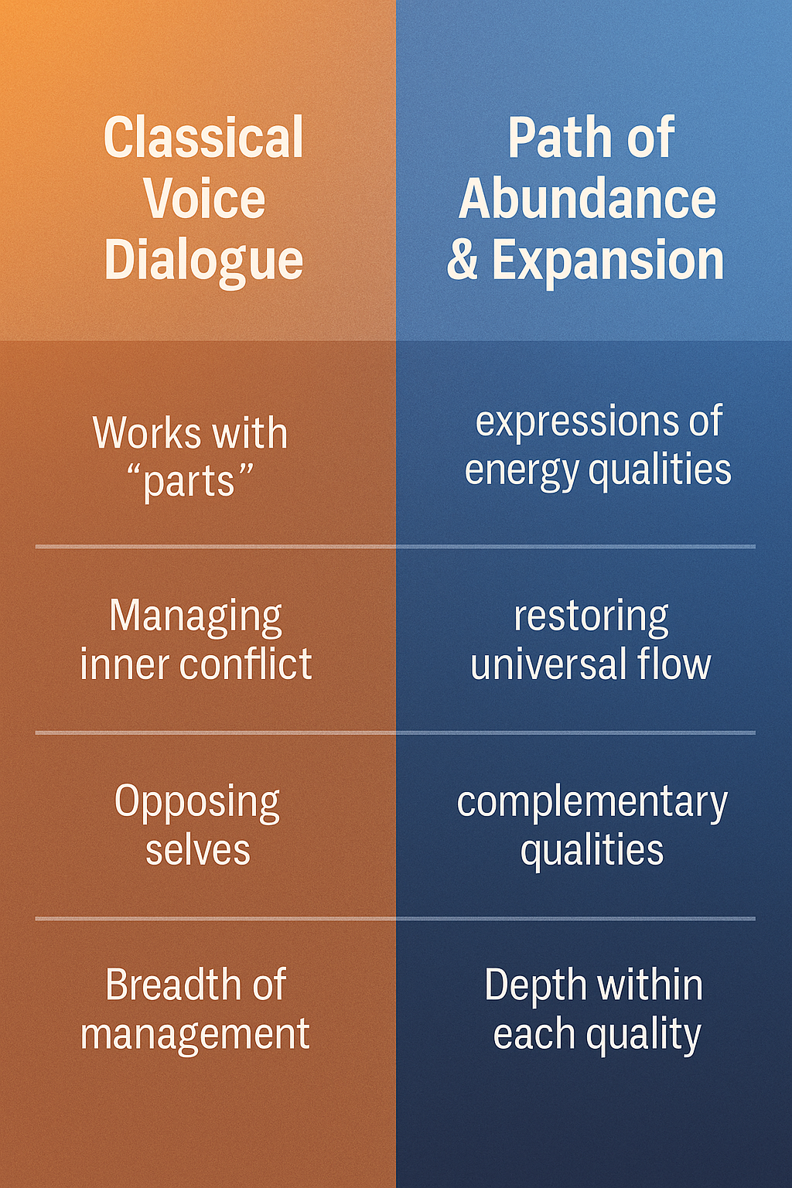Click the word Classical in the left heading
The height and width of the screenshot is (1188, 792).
[x=203, y=138]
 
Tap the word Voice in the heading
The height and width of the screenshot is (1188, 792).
[x=204, y=199]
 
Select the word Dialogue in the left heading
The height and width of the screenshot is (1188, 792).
[x=203, y=260]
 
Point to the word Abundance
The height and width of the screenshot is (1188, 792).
[x=588, y=199]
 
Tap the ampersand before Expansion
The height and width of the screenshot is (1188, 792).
[x=463, y=260]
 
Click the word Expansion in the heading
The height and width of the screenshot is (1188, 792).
[x=608, y=261]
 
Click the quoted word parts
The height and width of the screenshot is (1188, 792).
[x=190, y=483]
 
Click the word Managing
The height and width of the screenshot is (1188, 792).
[x=196, y=617]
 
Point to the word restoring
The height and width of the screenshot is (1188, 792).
[x=592, y=617]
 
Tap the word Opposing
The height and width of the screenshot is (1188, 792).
[x=197, y=803]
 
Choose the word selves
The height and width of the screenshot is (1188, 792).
[x=198, y=850]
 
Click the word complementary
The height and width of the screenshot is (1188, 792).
[x=592, y=803]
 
